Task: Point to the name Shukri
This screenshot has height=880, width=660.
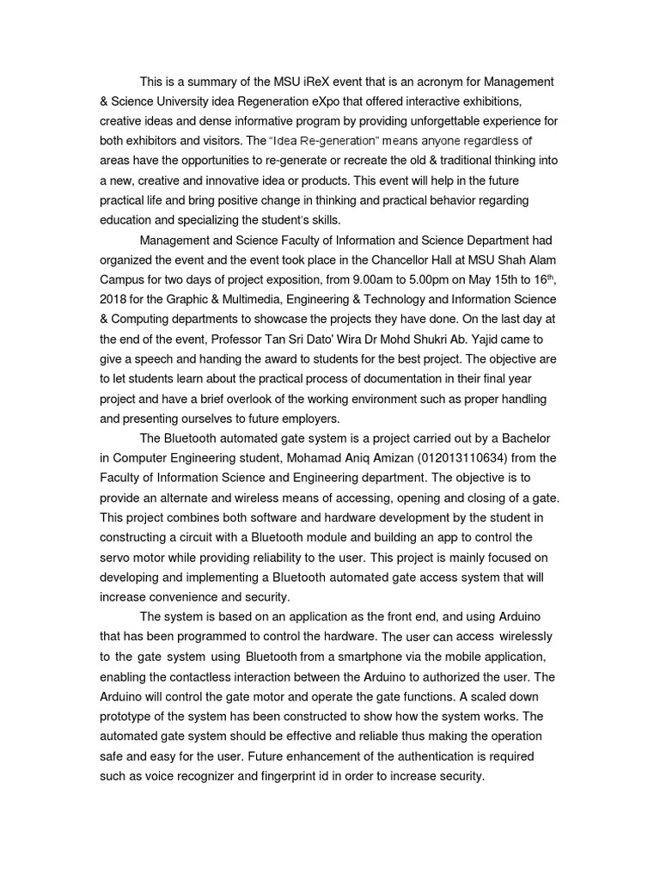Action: tap(431, 339)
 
